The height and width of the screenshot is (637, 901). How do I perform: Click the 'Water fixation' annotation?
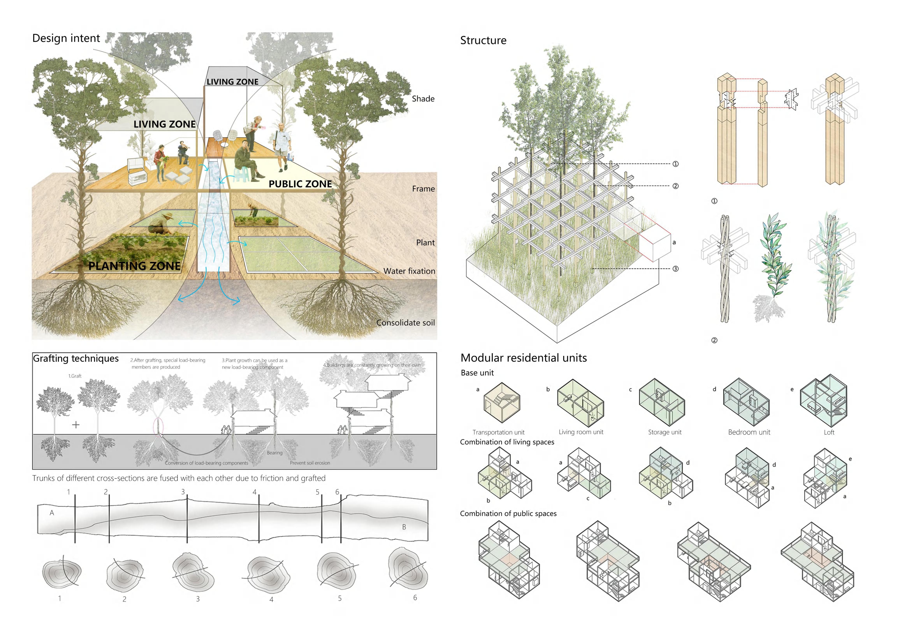[409, 271]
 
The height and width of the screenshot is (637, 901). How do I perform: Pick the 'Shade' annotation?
[423, 99]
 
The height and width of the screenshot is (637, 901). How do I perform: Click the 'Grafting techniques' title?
[76, 359]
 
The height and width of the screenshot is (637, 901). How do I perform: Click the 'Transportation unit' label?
[498, 432]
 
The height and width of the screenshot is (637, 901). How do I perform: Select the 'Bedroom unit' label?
[749, 432]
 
